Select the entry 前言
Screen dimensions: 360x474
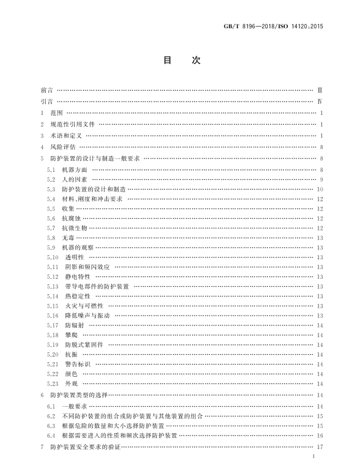click(x=45, y=91)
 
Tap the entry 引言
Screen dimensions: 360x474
click(x=45, y=102)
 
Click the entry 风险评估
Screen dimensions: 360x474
click(x=63, y=147)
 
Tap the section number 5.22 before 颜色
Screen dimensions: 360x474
click(x=53, y=374)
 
